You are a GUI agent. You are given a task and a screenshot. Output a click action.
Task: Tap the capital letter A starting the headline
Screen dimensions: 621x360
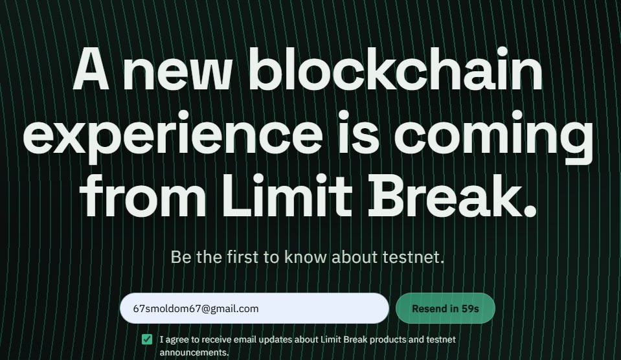click(91, 69)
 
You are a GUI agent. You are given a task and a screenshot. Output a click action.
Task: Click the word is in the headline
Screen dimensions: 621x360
click(358, 132)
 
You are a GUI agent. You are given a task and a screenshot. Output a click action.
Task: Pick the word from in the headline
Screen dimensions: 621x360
click(143, 195)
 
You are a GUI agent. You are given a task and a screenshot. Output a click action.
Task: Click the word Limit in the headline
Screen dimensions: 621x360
click(287, 195)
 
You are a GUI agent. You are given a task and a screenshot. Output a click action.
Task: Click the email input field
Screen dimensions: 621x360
click(254, 308)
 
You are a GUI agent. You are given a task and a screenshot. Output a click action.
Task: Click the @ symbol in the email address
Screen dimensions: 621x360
click(205, 309)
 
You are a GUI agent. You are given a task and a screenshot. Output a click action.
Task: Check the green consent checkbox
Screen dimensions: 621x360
click(147, 339)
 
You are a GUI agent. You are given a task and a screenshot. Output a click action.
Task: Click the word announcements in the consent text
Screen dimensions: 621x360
click(194, 352)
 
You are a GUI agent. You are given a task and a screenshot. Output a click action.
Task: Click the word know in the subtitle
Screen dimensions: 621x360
click(306, 257)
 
